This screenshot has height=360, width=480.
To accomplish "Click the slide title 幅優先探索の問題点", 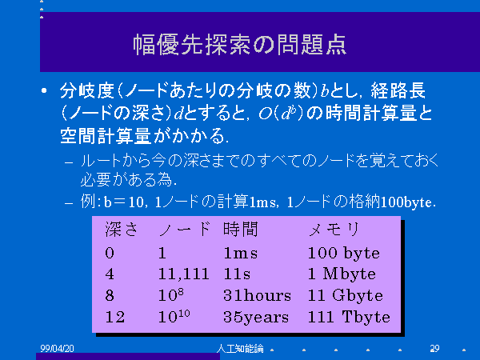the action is coord(240,45).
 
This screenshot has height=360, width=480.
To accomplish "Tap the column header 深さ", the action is coord(122,230).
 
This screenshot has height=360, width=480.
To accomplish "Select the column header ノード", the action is coord(185,230).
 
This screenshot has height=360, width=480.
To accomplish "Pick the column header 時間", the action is coord(241,230).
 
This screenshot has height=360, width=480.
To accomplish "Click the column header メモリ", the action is coord(334,230).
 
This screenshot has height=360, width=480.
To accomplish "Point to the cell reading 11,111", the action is coord(184,274).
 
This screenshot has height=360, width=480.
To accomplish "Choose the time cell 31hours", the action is coord(257,295).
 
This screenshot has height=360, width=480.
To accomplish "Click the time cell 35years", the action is coord(256,318).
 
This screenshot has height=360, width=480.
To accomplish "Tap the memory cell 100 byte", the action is coord(344,254).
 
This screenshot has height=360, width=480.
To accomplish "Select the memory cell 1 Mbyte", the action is coord(342,274).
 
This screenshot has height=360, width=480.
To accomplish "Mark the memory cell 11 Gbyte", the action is coord(346,296).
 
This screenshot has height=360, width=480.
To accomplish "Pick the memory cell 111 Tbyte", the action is coord(349,317).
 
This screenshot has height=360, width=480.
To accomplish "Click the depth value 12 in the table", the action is coord(115,317).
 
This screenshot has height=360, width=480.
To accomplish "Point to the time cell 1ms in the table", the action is coord(241,254).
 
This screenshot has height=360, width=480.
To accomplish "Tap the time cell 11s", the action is coord(237,274).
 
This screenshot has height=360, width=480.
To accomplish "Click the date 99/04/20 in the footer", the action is coord(58,348).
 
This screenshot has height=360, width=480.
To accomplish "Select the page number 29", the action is coord(434,348).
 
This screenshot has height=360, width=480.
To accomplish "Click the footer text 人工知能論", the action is coord(240,348).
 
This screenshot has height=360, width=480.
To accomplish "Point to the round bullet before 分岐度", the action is coord(44,90).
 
